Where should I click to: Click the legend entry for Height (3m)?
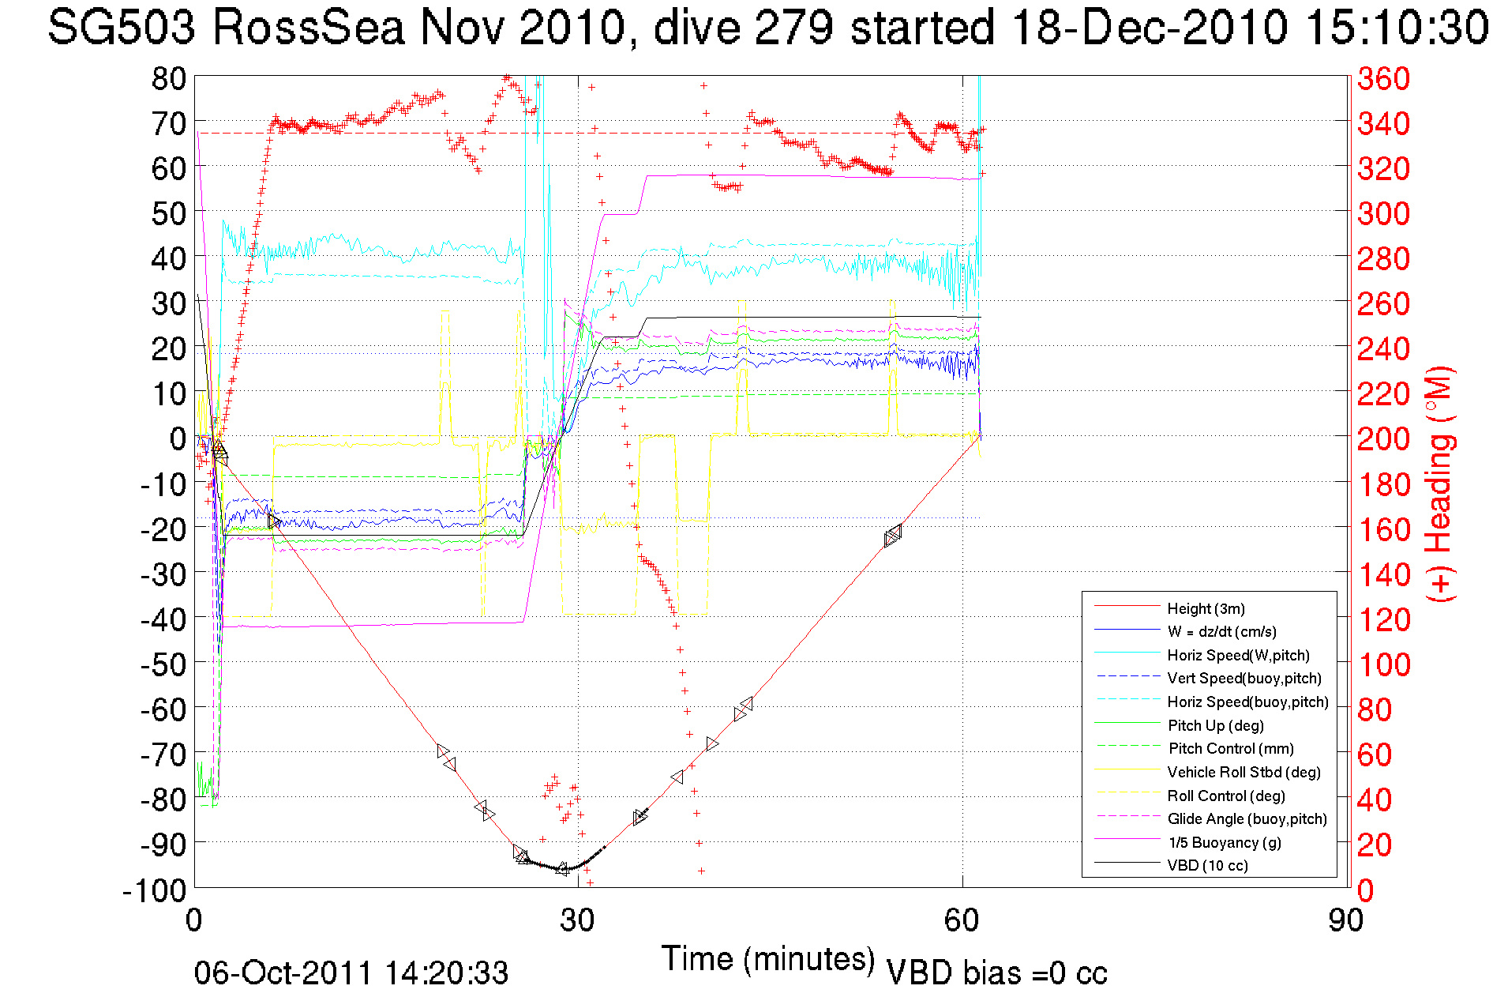(1206, 608)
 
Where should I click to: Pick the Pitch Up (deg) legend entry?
(1215, 725)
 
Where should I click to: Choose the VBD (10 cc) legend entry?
(1207, 865)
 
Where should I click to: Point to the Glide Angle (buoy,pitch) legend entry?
(1247, 818)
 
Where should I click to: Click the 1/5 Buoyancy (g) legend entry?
(1224, 842)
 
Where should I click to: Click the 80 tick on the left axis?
(168, 78)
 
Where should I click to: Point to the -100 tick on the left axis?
(154, 890)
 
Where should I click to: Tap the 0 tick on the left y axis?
(178, 438)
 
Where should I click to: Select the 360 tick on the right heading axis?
(1383, 78)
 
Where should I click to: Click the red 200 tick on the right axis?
(1383, 438)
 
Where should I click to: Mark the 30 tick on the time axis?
(578, 920)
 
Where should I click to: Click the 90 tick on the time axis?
(1345, 920)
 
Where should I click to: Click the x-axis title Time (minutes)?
(768, 959)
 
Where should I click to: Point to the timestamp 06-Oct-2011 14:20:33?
(351, 973)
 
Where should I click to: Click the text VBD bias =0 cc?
(996, 973)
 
